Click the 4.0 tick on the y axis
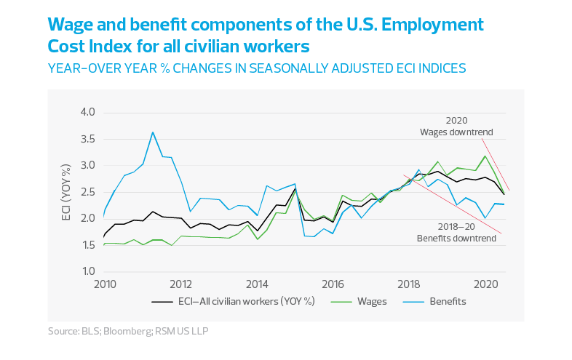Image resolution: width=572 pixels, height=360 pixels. coord(87,113)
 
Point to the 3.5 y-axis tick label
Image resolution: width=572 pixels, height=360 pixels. coord(87,139)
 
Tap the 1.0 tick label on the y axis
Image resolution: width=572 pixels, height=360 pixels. coord(87,271)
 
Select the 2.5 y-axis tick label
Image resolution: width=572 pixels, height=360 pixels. coord(87,192)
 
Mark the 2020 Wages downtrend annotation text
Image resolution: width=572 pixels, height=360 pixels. coord(457,127)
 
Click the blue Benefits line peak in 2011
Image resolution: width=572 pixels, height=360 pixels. coord(153,132)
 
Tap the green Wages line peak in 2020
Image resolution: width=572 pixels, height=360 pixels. coord(485,155)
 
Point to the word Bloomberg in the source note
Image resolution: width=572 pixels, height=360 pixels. coord(127,332)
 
